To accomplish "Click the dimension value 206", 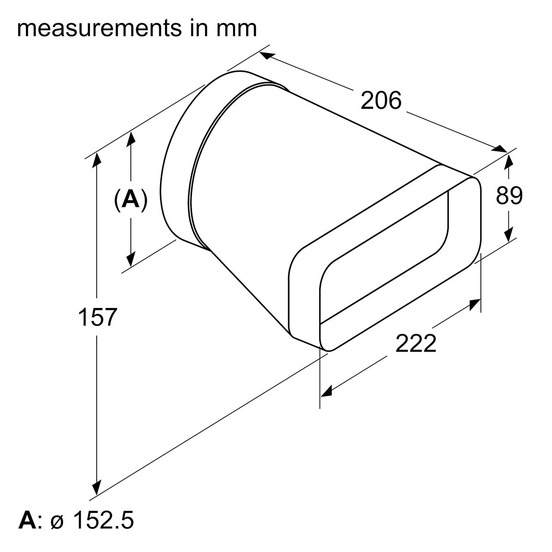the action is [x=381, y=100].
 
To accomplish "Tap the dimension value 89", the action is [x=509, y=195].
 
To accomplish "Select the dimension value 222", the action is [x=416, y=343].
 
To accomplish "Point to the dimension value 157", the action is [x=97, y=317].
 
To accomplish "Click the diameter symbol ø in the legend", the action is [x=57, y=522].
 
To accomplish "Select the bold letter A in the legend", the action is [x=28, y=521].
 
